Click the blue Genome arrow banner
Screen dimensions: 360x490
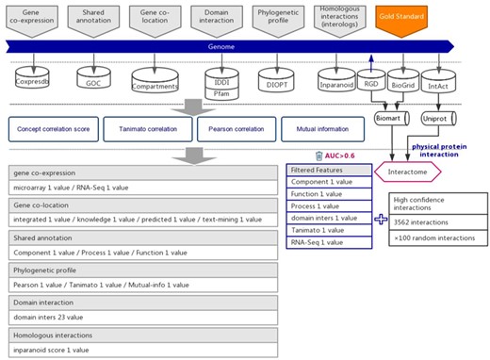pos(226,46)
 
